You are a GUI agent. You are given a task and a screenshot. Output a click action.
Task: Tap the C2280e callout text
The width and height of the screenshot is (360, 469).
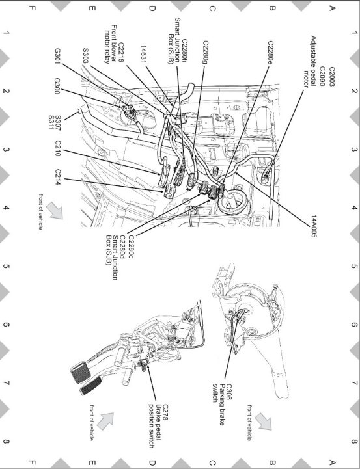(271, 53)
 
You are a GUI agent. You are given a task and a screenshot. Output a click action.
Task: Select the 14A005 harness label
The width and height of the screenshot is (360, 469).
(314, 226)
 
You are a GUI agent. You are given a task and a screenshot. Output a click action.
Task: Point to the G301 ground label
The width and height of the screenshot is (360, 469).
(57, 56)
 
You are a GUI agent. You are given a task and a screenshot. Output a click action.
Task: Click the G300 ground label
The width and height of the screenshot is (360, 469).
(57, 86)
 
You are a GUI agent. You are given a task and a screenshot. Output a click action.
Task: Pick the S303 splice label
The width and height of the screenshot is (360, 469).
(85, 56)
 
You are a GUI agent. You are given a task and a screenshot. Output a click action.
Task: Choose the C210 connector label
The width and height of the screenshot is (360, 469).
(58, 148)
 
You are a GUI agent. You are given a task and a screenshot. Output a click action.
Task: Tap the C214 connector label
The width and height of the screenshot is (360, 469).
(58, 177)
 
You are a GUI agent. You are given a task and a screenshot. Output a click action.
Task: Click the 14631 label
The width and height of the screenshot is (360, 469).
(144, 54)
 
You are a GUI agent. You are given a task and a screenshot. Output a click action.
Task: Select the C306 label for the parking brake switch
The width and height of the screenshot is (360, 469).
(230, 392)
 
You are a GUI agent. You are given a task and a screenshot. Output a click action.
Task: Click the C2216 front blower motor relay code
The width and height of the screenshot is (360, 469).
(120, 52)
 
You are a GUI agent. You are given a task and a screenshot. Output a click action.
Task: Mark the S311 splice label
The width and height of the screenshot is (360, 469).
(50, 123)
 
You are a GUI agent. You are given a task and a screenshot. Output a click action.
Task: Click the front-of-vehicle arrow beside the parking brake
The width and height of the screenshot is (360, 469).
(264, 422)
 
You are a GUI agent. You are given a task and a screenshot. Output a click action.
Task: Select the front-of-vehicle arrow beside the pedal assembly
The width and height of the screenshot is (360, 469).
(105, 421)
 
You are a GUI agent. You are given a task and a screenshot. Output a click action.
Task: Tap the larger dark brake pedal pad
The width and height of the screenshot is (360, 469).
(81, 372)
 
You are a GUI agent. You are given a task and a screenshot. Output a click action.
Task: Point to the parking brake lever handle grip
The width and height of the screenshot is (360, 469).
(280, 384)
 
